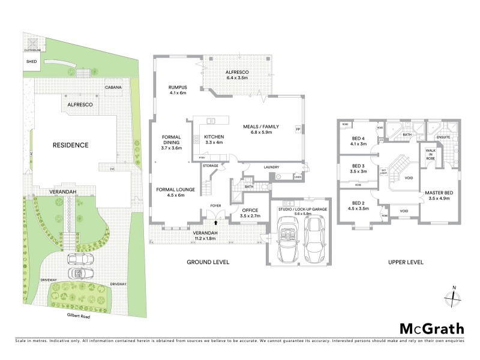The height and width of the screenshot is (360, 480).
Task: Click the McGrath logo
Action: click(x=431, y=328)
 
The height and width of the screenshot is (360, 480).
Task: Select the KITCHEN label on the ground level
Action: click(x=214, y=136)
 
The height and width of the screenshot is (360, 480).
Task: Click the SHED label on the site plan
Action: click(x=31, y=61)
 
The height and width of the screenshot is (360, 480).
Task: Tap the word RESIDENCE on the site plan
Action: click(x=70, y=145)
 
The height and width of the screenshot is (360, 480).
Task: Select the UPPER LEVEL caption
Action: click(x=407, y=262)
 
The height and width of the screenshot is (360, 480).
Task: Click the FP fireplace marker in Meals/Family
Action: click(x=297, y=129)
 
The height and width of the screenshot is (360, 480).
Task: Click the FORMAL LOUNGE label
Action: click(x=175, y=190)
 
